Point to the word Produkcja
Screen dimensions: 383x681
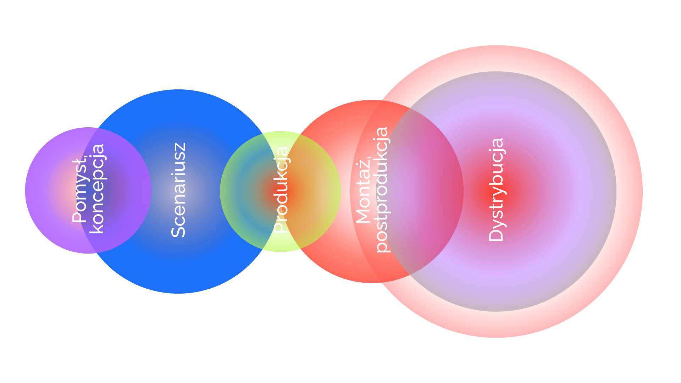click(281, 190)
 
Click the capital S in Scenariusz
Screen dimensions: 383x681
click(178, 231)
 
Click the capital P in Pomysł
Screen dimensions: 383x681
click(79, 217)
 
